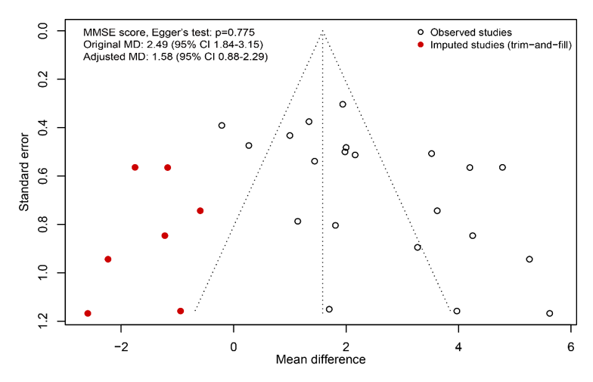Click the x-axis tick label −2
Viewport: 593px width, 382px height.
click(x=121, y=346)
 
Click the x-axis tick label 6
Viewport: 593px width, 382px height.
click(x=570, y=346)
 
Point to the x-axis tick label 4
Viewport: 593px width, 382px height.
click(x=458, y=346)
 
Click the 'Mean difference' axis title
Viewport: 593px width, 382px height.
click(x=321, y=359)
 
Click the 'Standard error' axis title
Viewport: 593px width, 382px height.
click(x=24, y=172)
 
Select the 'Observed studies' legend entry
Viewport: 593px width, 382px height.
click(x=464, y=32)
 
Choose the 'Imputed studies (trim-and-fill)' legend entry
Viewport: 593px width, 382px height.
click(x=495, y=45)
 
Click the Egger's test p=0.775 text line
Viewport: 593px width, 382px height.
click(x=169, y=32)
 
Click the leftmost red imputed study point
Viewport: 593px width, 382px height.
click(x=88, y=313)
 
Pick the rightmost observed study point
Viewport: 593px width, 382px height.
click(x=549, y=313)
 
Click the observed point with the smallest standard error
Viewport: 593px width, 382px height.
click(x=343, y=104)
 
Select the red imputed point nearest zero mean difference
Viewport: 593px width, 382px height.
click(x=200, y=210)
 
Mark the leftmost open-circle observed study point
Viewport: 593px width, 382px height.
click(x=222, y=126)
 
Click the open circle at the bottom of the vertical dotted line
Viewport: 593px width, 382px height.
click(x=329, y=309)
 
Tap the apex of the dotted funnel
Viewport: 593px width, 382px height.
click(x=322, y=31)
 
